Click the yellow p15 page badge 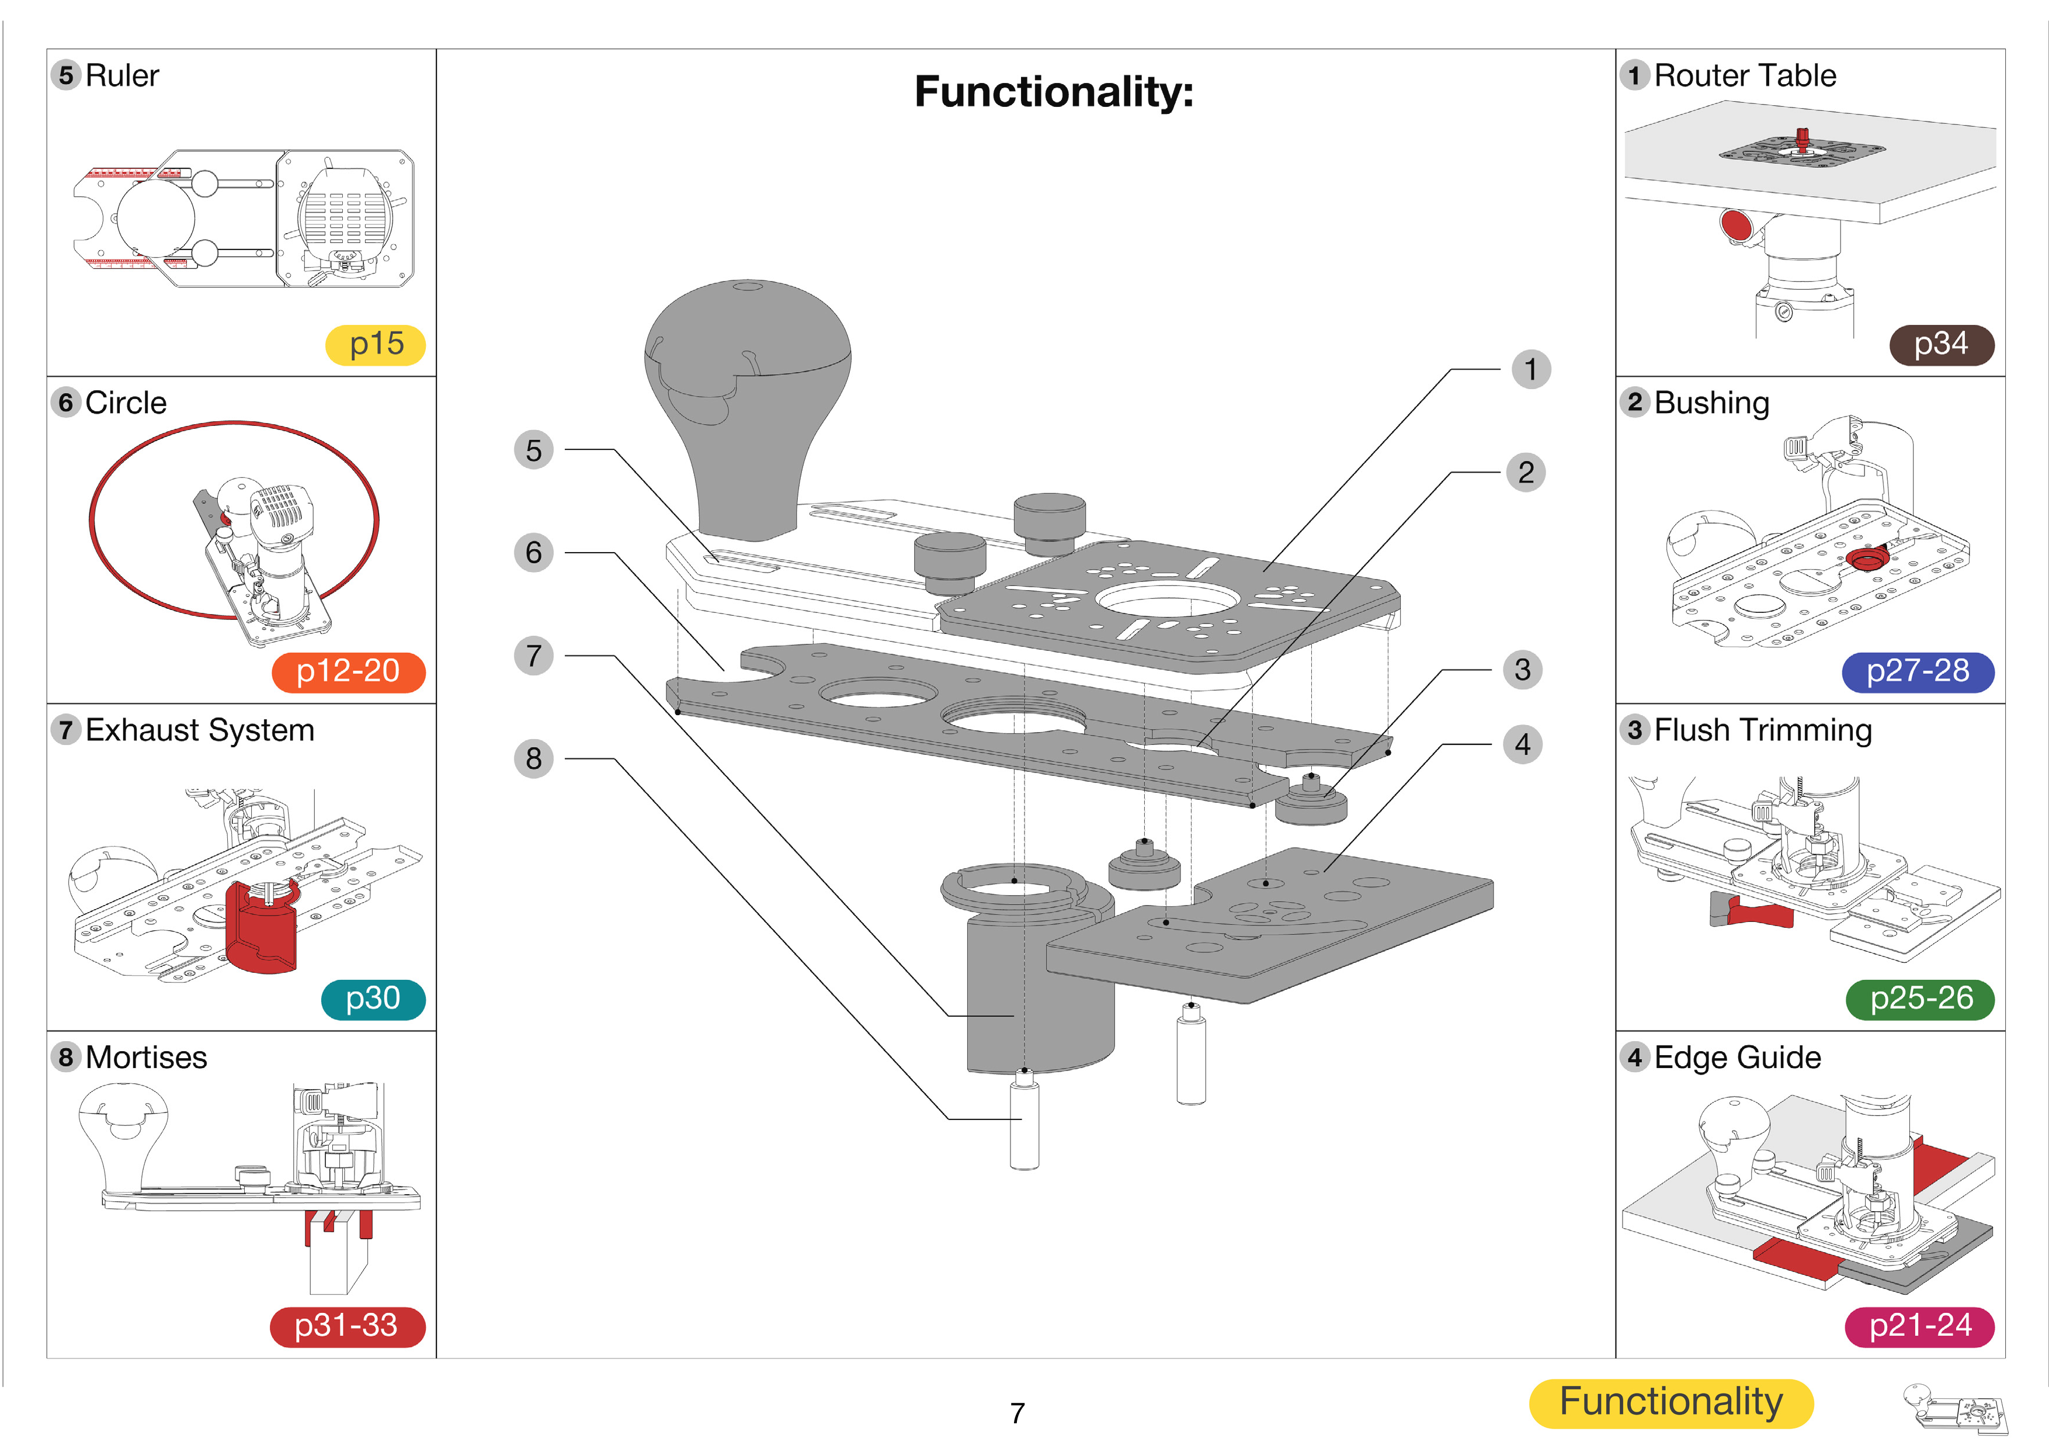375,345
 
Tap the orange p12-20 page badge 348,671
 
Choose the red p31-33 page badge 347,1326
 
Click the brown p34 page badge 1941,345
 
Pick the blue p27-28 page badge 1918,671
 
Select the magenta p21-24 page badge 1919,1326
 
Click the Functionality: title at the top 1053,92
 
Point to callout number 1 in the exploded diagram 1530,369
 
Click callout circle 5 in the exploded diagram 534,450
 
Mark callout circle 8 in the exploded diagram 534,759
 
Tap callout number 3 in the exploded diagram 1523,670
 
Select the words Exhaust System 200,730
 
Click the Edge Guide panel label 1737,1058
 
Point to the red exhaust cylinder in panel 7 260,928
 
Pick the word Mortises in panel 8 147,1058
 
